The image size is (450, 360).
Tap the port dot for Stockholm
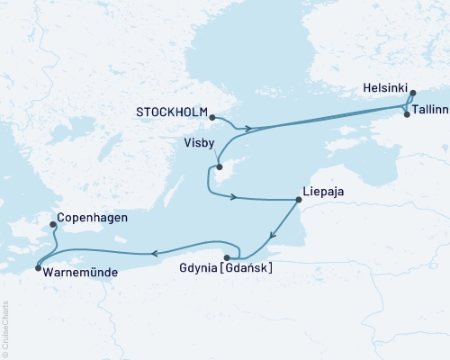coord(212,117)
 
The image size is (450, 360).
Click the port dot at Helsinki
coord(412,92)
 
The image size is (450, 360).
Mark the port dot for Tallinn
coord(407,114)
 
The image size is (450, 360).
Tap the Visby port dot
coord(218,166)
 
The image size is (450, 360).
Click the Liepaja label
coord(323,192)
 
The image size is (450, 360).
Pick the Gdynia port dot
coord(226,257)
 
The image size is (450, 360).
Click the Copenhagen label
coord(91,218)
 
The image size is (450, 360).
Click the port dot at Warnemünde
coord(37,267)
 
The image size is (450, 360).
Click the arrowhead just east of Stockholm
coord(248,128)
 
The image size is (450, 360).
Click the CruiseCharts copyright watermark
coord(5,329)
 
